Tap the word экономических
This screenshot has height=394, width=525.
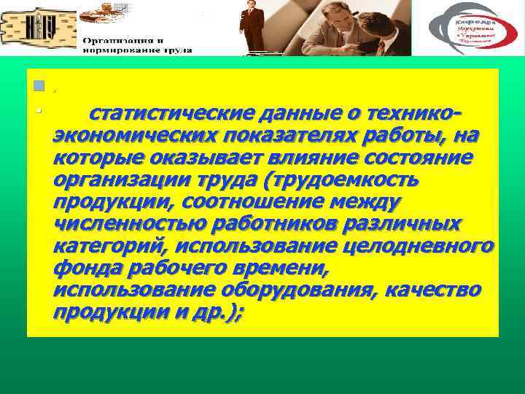(x=132, y=136)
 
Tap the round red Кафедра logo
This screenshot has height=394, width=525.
(x=472, y=28)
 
